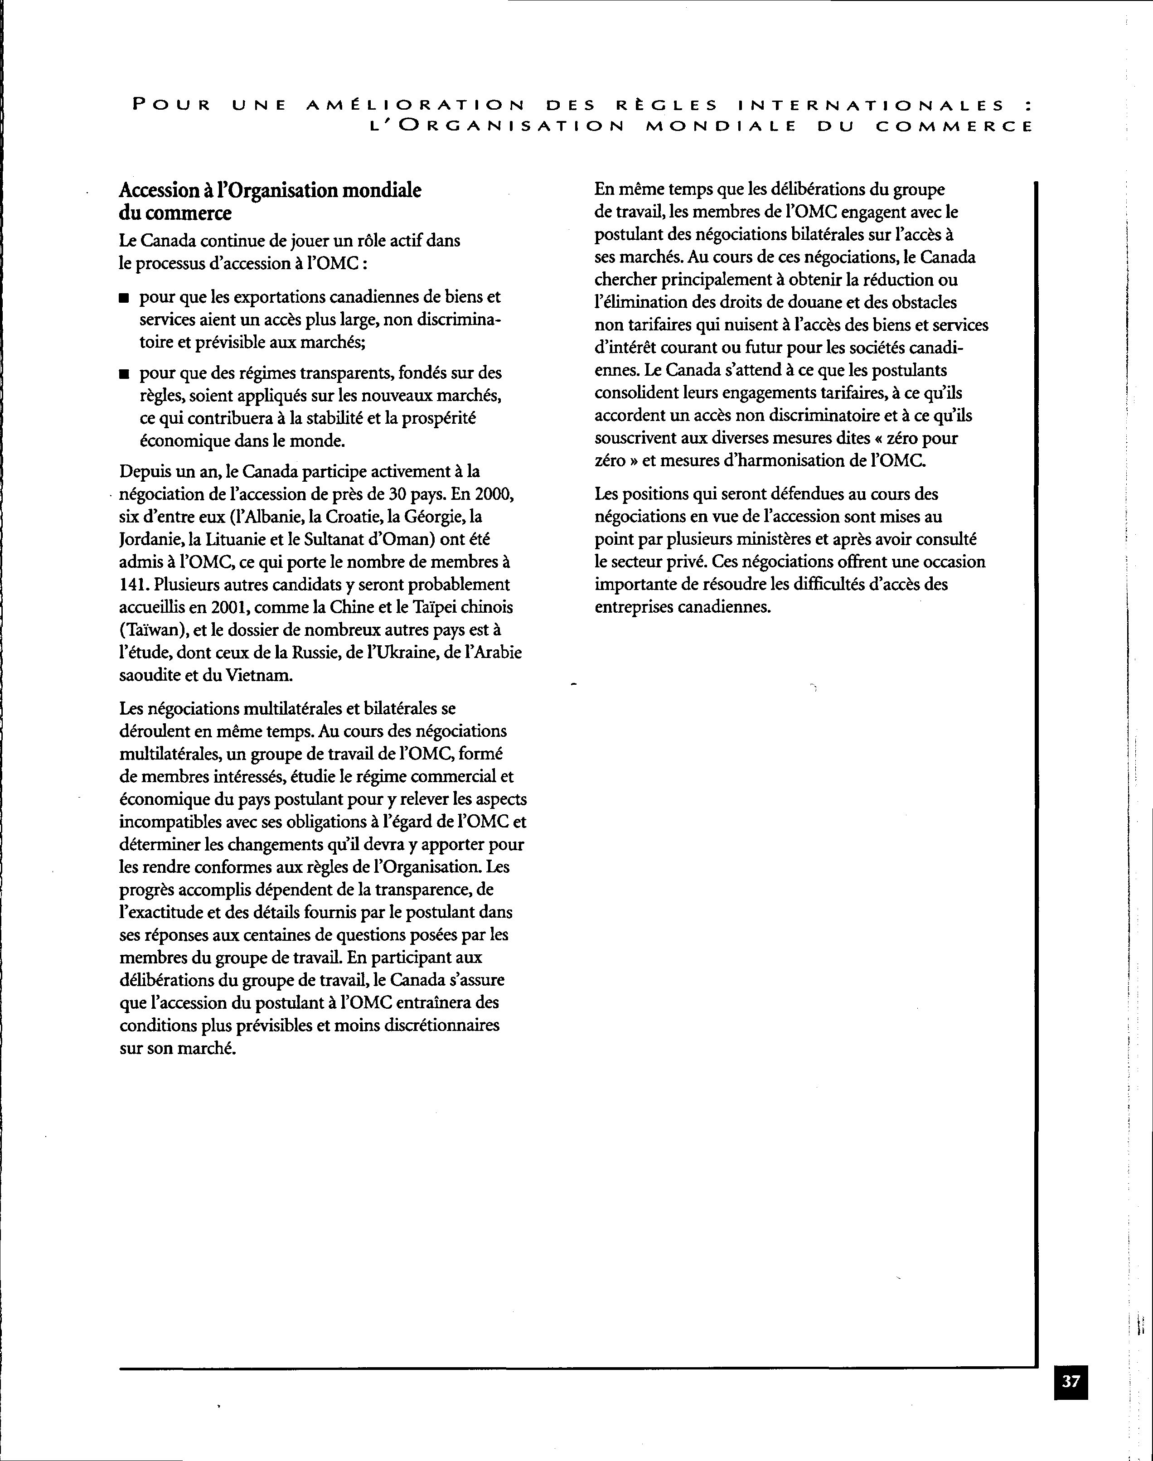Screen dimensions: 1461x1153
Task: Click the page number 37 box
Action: [1071, 1381]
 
